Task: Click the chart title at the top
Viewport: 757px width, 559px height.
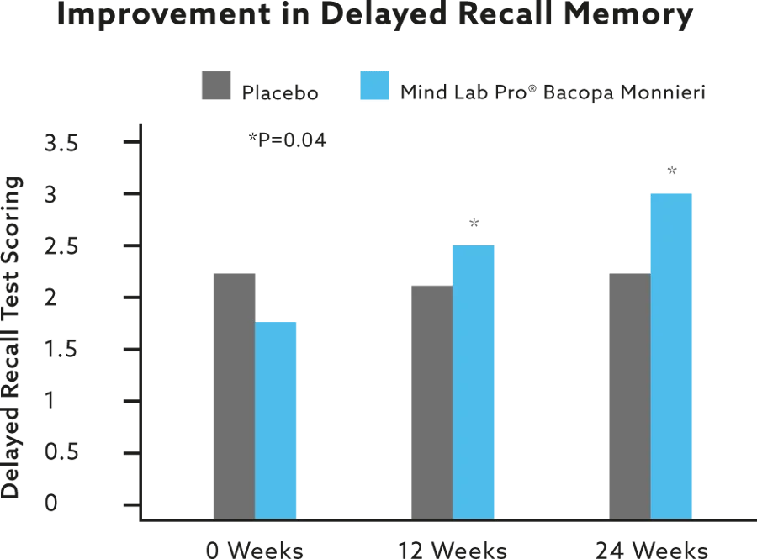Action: point(376,18)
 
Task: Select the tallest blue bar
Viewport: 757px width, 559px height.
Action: point(671,353)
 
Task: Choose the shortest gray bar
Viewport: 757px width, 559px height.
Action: point(431,400)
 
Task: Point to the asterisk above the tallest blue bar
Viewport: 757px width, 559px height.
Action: point(672,170)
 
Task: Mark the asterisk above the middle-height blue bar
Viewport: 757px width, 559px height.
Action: point(474,222)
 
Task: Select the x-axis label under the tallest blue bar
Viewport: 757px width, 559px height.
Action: point(648,551)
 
